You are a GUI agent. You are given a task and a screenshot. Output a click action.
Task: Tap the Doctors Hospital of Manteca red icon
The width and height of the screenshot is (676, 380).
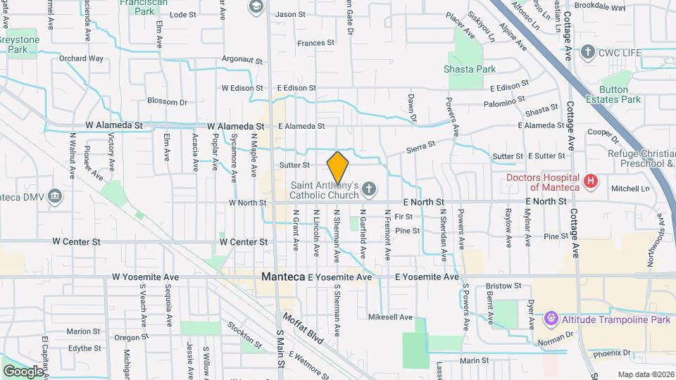click(x=591, y=182)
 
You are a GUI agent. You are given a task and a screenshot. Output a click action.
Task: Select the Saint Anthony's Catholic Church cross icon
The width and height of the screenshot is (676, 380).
click(x=369, y=188)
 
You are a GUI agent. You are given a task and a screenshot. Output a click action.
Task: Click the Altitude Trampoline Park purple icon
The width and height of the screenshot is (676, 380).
click(x=551, y=319)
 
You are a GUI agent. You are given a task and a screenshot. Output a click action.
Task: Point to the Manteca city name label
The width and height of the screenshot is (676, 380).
click(x=283, y=277)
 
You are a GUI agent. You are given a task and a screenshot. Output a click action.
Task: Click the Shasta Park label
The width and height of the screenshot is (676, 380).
click(x=470, y=69)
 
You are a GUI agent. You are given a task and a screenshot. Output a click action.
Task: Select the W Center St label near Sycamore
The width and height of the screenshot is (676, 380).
click(x=244, y=241)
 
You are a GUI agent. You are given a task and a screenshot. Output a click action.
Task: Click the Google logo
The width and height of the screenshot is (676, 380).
click(x=23, y=371)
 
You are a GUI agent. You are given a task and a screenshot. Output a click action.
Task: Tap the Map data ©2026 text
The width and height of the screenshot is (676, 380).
click(x=646, y=374)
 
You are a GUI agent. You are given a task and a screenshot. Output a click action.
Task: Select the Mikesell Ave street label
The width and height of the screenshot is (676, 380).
click(x=390, y=317)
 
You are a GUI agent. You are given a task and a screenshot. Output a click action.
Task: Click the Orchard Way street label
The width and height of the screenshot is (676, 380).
click(x=81, y=58)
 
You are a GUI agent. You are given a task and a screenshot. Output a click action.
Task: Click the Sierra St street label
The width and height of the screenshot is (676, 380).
click(x=421, y=146)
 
